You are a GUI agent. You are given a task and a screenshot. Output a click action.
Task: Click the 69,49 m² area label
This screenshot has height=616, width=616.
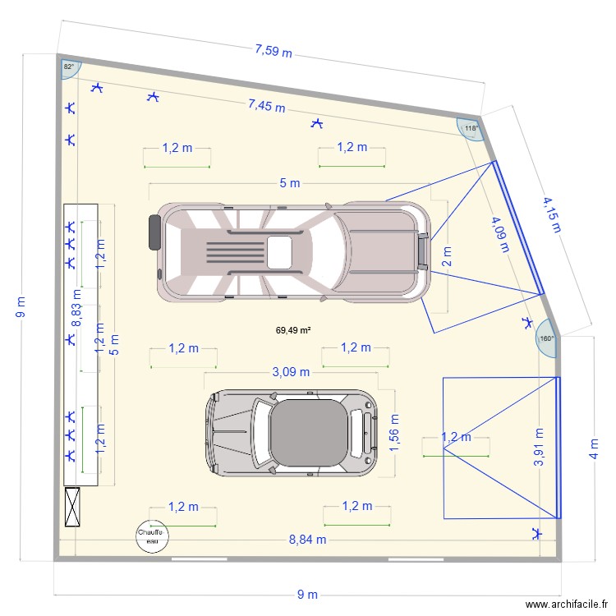pyautogui.click(x=292, y=330)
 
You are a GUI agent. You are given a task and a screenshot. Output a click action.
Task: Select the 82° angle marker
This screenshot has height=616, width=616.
pyautogui.click(x=68, y=67)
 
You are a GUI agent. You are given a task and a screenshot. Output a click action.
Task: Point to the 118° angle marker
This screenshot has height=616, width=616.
pyautogui.click(x=469, y=129)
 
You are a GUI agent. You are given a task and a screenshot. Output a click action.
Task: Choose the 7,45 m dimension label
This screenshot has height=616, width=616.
pyautogui.click(x=267, y=106)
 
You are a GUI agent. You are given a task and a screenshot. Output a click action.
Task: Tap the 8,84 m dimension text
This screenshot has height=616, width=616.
pyautogui.click(x=307, y=540)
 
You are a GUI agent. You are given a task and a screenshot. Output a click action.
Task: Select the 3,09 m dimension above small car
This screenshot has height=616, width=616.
pyautogui.click(x=291, y=371)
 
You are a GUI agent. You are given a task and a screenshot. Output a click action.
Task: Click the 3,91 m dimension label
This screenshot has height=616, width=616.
pyautogui.click(x=540, y=448)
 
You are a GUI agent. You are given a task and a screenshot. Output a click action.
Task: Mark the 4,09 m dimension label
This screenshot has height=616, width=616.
pyautogui.click(x=497, y=236)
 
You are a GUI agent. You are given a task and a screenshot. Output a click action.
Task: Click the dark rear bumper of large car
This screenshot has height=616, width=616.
pyautogui.click(x=153, y=232)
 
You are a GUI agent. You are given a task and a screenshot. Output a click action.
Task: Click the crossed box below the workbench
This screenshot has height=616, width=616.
pyautogui.click(x=73, y=506)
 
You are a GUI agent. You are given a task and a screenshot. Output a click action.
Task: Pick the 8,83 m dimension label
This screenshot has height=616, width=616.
pyautogui.click(x=76, y=308)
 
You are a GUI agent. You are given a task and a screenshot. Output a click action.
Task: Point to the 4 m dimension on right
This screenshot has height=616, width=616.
pyautogui.click(x=594, y=449)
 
